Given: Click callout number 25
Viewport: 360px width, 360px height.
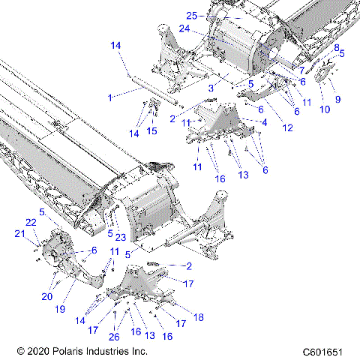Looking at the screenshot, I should coord(191,15).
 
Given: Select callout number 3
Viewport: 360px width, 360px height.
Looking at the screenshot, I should coord(212,88).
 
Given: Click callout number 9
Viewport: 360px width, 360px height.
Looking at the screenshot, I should coord(337,99).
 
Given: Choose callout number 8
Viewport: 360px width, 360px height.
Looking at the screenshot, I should coord(337,46).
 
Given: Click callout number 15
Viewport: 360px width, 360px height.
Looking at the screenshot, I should coord(152,132).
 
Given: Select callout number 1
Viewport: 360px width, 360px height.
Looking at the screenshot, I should coord(110,97).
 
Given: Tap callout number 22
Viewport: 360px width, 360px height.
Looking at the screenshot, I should coord(31,223).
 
